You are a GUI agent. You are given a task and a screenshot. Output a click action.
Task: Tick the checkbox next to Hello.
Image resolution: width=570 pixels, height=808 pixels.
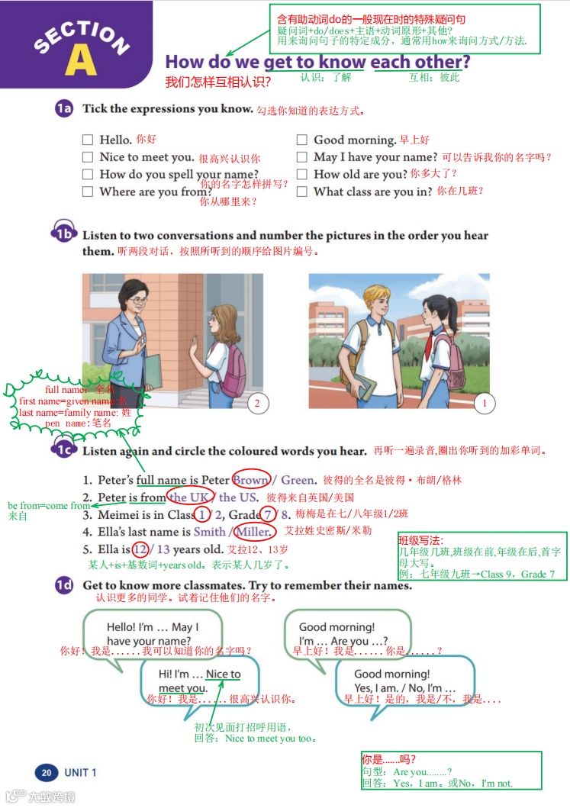click(x=88, y=140)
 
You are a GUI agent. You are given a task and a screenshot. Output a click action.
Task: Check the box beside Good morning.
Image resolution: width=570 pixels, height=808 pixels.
click(x=301, y=140)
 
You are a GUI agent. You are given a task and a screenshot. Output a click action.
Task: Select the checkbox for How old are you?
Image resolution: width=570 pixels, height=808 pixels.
click(x=301, y=174)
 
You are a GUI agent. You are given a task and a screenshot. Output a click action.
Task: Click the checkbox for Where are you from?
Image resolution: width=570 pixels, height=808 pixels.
click(x=88, y=192)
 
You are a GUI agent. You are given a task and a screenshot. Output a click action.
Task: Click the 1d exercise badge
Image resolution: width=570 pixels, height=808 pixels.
click(x=63, y=585)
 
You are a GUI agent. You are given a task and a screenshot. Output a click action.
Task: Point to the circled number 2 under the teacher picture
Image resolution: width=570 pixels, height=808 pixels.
click(x=257, y=403)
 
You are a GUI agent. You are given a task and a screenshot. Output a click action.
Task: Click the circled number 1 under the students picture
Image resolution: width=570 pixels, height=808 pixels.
click(x=484, y=403)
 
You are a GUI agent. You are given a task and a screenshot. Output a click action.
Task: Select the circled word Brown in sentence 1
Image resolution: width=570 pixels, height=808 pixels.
click(x=250, y=480)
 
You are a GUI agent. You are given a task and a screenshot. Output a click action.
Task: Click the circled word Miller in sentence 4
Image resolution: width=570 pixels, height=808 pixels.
click(x=255, y=532)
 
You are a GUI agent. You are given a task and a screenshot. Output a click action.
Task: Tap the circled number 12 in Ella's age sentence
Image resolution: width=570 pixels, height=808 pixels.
click(x=140, y=549)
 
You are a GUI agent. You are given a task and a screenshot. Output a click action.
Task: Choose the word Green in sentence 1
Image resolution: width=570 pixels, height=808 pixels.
click(x=298, y=480)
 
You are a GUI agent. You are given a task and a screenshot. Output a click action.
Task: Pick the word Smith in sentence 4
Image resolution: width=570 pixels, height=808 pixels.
click(x=209, y=532)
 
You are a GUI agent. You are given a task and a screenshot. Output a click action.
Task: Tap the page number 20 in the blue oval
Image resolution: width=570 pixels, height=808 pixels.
click(x=46, y=773)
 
